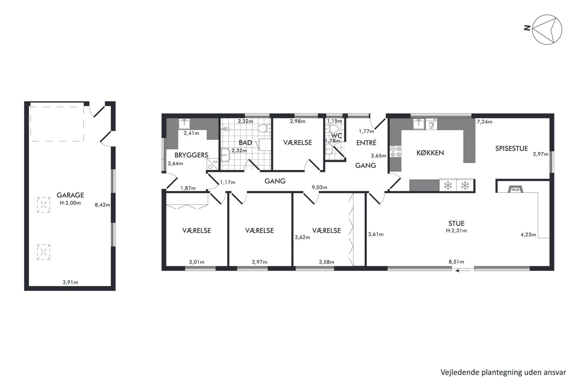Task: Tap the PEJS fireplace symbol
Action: click(515, 190)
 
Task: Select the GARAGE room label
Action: click(70, 195)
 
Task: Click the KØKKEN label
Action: click(430, 153)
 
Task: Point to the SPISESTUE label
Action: click(512, 149)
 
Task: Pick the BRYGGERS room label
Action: click(191, 155)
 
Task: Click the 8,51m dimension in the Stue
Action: click(456, 262)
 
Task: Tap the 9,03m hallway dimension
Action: click(319, 187)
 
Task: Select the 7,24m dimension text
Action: click(484, 122)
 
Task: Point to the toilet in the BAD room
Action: click(265, 128)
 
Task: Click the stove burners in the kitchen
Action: click(396, 151)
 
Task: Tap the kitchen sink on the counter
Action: click(419, 124)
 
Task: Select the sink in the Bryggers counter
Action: click(184, 124)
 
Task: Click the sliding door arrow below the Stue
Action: click(463, 271)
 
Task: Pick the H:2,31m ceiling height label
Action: click(456, 231)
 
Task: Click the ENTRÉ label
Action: click(366, 143)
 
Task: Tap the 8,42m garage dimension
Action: click(103, 205)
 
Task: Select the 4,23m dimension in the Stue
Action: click(528, 234)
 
